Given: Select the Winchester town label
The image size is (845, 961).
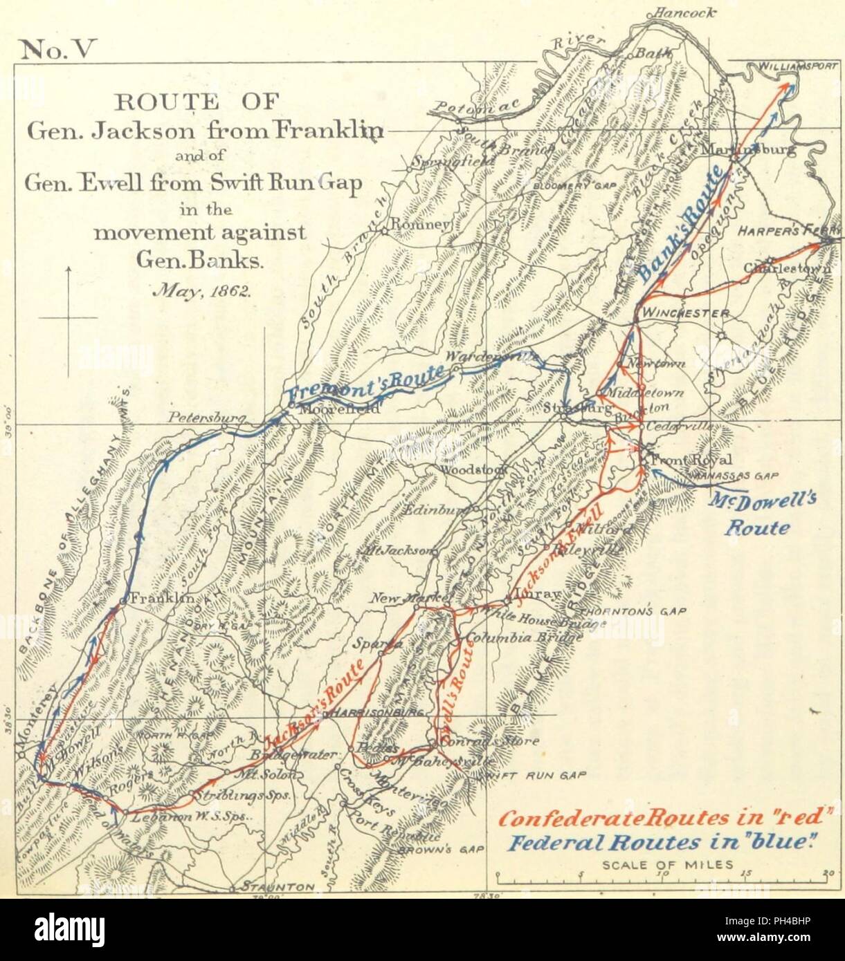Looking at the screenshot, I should click(685, 313).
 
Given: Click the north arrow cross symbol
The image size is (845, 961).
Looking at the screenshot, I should click(68, 317).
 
